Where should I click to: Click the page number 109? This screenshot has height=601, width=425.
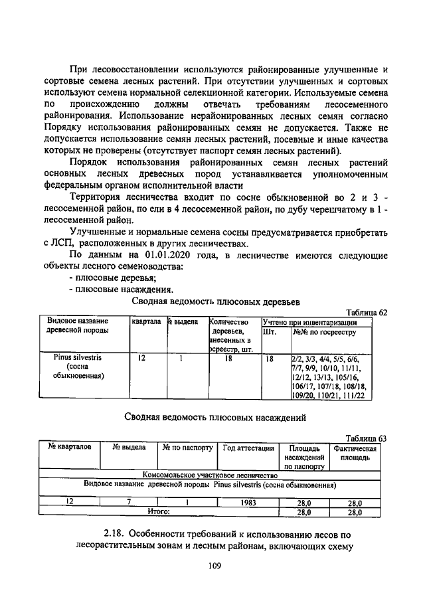213,566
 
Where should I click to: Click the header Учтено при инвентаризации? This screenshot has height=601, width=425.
315,322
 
